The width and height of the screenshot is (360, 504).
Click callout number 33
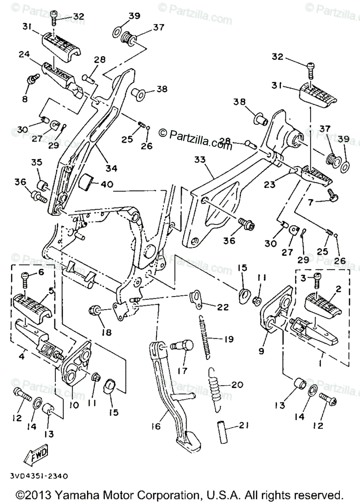[x=200, y=160]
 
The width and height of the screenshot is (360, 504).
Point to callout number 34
[x=111, y=168]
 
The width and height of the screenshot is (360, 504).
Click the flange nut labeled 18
[x=94, y=311]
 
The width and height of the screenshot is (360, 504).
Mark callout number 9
[x=261, y=350]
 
